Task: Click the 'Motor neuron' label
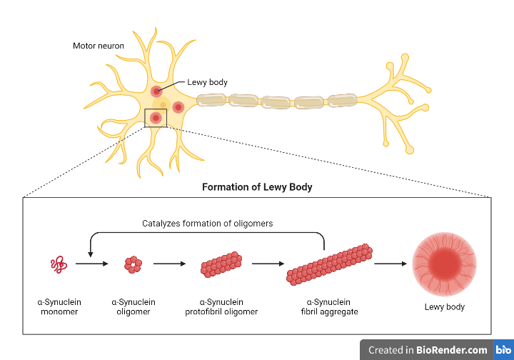pyautogui.click(x=99, y=46)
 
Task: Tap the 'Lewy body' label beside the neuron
pyautogui.click(x=208, y=82)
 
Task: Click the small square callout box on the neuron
pyautogui.click(x=156, y=118)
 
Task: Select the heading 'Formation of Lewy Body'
pyautogui.click(x=257, y=187)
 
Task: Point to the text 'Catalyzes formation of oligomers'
pyautogui.click(x=207, y=224)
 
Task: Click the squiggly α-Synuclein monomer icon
pyautogui.click(x=59, y=265)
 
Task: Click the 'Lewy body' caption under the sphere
pyautogui.click(x=444, y=306)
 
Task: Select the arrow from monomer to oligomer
pyautogui.click(x=92, y=264)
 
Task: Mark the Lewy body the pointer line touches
pyautogui.click(x=156, y=91)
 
